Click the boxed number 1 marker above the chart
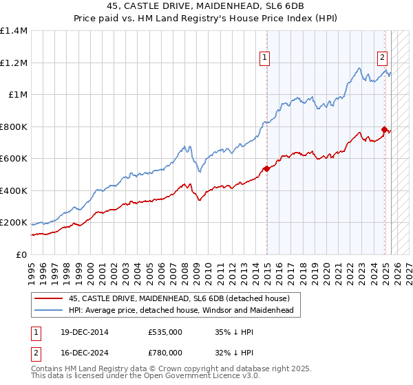pyautogui.click(x=264, y=58)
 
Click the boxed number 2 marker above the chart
pyautogui.click(x=382, y=58)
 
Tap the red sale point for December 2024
pyautogui.click(x=385, y=129)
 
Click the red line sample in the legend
pyautogui.click(x=48, y=298)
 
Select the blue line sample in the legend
pyautogui.click(x=48, y=310)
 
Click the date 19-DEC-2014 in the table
pyautogui.click(x=79, y=332)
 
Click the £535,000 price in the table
pyautogui.click(x=165, y=332)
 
